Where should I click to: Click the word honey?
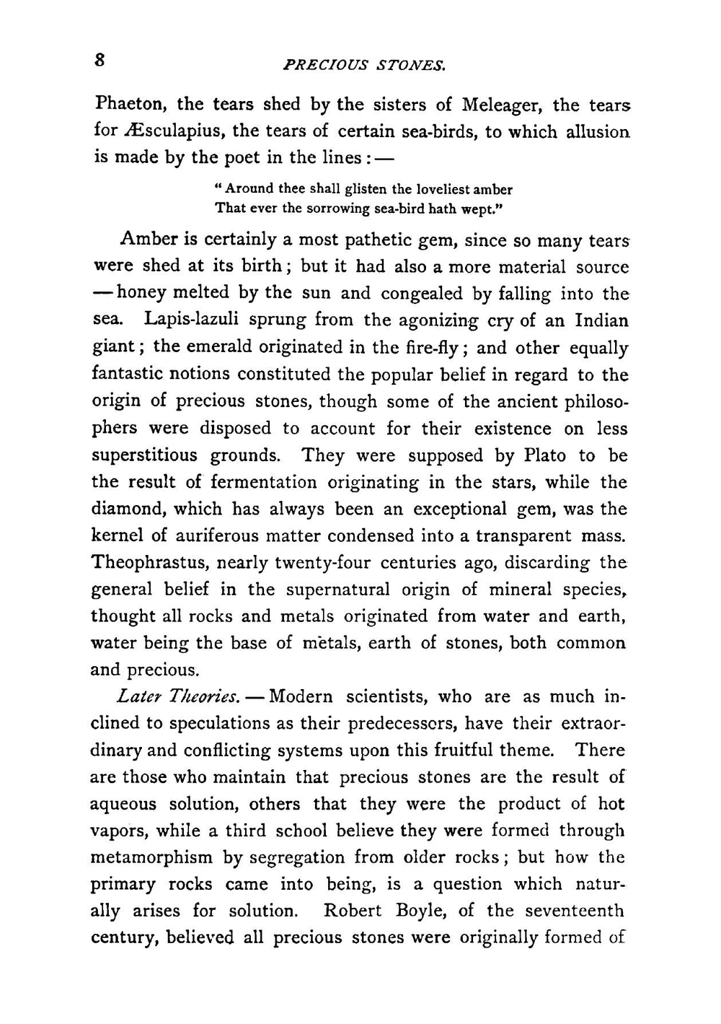pyautogui.click(x=141, y=294)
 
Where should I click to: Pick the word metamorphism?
pyautogui.click(x=151, y=858)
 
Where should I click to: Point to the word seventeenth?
pyautogui.click(x=574, y=911)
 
